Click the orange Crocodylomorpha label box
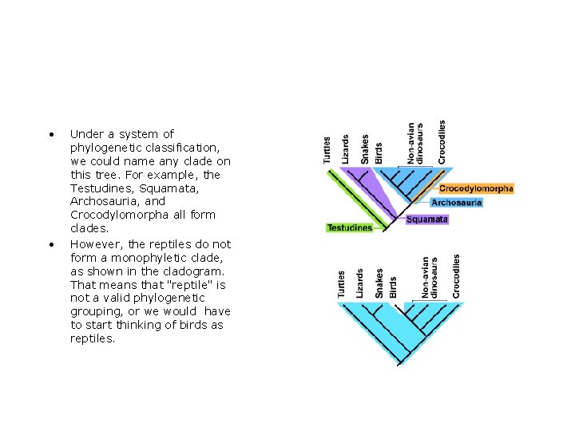click(x=475, y=188)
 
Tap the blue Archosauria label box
click(x=456, y=203)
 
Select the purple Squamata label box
click(x=427, y=219)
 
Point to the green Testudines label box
click(x=350, y=227)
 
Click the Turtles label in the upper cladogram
click(x=327, y=150)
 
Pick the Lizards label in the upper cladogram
click(x=346, y=149)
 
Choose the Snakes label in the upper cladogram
click(x=365, y=149)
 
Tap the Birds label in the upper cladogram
click(x=379, y=153)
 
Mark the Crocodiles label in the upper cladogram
click(x=442, y=142)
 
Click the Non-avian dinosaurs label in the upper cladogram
click(x=415, y=144)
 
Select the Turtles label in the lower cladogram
click(x=342, y=284)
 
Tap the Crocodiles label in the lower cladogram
click(x=456, y=276)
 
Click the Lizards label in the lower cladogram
click(x=360, y=283)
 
